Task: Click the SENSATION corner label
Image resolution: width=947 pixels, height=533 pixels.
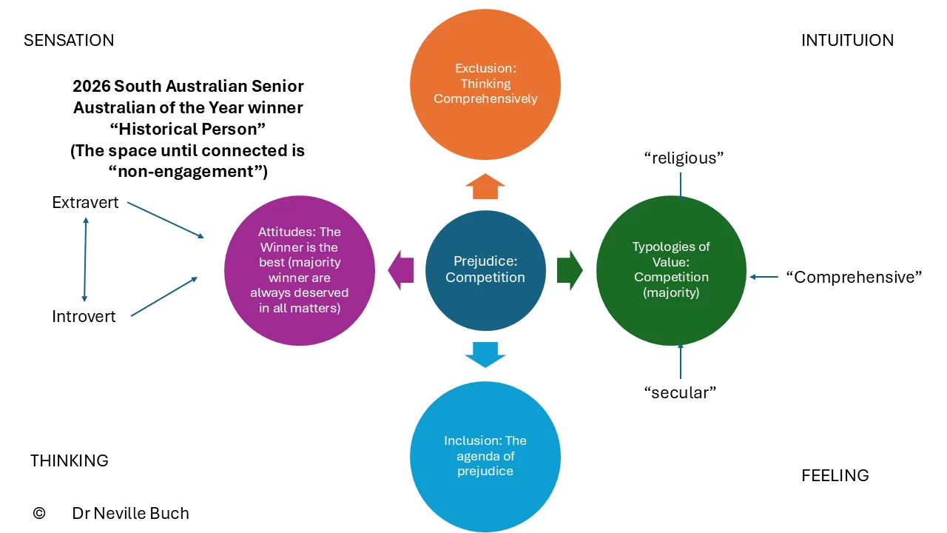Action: click(x=69, y=41)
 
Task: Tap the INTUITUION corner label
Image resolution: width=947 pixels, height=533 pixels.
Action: click(x=847, y=41)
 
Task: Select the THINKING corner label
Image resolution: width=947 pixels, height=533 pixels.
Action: click(x=70, y=460)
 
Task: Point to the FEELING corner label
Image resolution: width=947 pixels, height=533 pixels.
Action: click(x=835, y=475)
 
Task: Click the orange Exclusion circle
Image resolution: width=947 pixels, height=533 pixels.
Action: click(x=485, y=84)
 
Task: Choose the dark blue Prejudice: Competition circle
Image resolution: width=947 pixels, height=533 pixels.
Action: click(x=485, y=270)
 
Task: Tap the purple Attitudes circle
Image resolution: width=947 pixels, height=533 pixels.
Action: click(x=300, y=270)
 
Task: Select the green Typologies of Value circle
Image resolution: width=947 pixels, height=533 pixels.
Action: click(x=671, y=270)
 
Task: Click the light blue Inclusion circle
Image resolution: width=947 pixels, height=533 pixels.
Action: click(x=485, y=457)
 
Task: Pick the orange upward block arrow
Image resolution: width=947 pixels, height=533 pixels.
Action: click(x=485, y=186)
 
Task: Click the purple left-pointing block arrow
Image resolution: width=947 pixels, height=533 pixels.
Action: click(x=401, y=270)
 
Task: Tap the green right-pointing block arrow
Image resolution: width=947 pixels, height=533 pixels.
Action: click(x=570, y=270)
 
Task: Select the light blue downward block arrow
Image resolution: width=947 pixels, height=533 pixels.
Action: click(x=485, y=355)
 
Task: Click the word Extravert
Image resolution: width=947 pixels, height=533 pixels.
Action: click(x=85, y=203)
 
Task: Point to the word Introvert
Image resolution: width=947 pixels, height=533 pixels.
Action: click(x=84, y=316)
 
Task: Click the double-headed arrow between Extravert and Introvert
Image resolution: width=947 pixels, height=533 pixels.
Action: click(x=85, y=259)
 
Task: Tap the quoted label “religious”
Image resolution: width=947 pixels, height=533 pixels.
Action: click(x=684, y=158)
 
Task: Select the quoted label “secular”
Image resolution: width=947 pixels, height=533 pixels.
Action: click(x=680, y=392)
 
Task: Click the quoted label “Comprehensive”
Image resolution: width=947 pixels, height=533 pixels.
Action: click(x=854, y=278)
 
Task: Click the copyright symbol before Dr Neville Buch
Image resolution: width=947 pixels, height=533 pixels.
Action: click(x=39, y=513)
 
